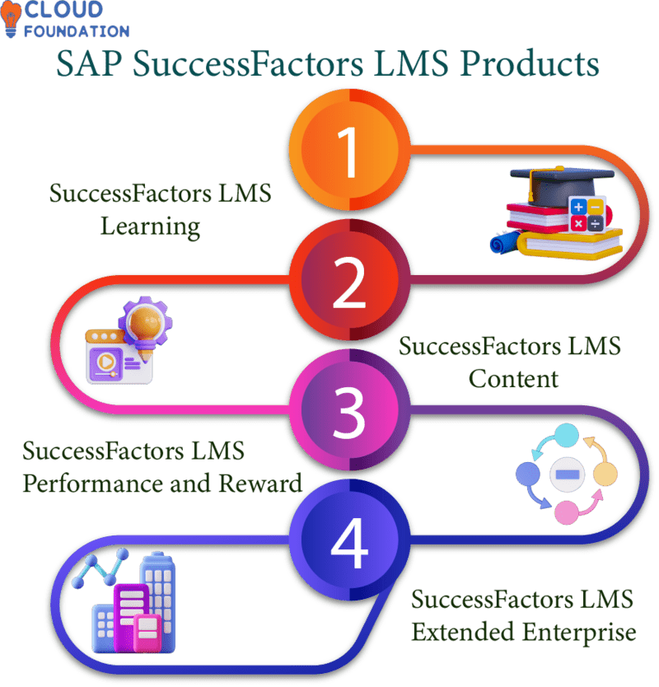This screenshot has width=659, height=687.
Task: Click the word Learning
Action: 150,225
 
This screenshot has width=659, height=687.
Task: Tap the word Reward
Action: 262,482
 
